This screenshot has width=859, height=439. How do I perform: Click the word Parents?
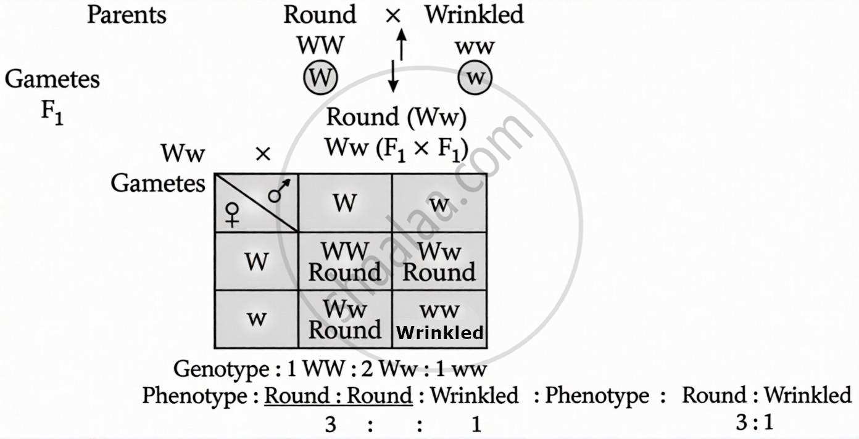[x=127, y=15]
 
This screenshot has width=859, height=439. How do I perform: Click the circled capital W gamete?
[x=320, y=79]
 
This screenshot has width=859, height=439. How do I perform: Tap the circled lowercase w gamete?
[x=475, y=79]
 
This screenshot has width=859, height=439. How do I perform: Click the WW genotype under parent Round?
[x=320, y=46]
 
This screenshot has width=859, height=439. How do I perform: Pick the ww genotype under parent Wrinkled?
[x=475, y=46]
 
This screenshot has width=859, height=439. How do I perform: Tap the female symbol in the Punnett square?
[x=232, y=215]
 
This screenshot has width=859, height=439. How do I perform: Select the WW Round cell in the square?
[x=344, y=262]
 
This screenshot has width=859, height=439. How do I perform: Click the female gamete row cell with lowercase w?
[x=256, y=319]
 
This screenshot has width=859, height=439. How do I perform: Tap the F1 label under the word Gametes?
[x=52, y=115]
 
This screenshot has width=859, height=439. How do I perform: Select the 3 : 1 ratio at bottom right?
[x=754, y=422]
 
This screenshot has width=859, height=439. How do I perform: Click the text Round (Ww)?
[x=396, y=117]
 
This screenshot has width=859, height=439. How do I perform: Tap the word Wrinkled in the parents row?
[x=474, y=15]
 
